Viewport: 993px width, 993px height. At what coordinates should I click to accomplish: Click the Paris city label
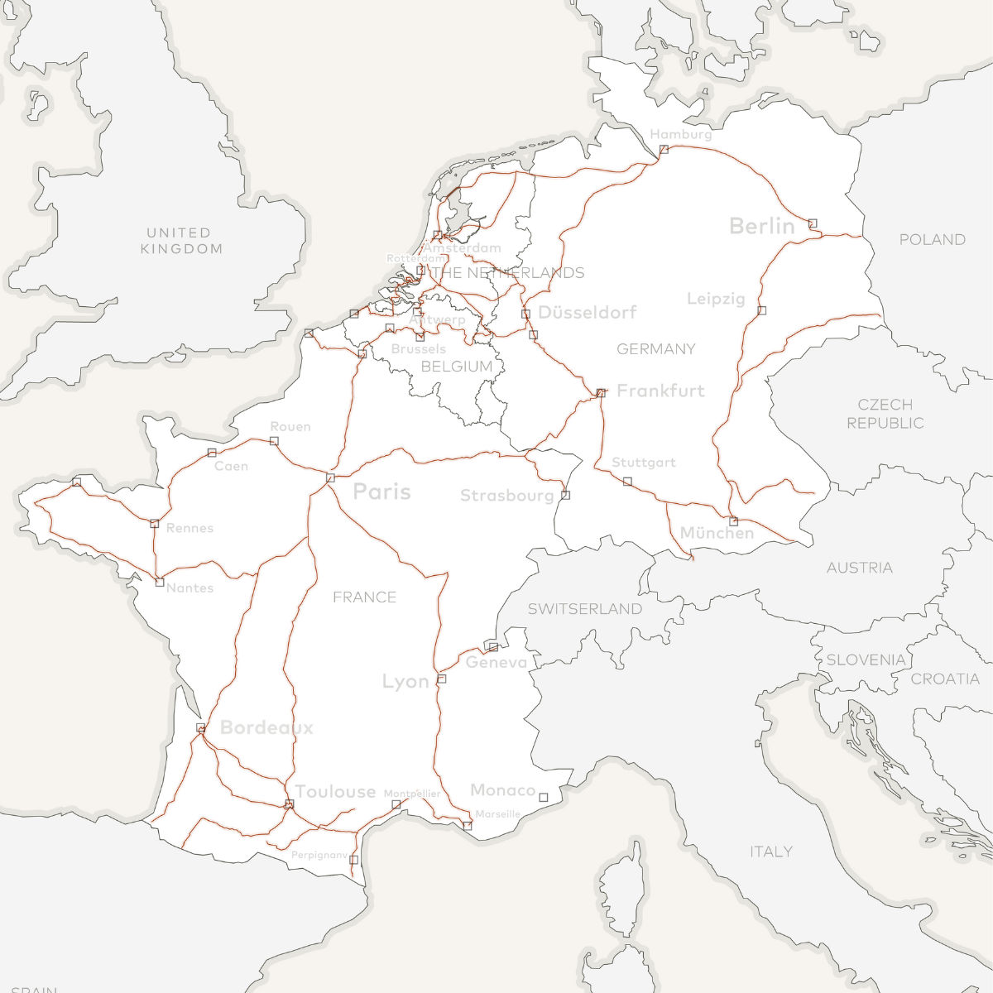(x=381, y=492)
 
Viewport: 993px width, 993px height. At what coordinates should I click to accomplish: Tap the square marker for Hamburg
(x=664, y=149)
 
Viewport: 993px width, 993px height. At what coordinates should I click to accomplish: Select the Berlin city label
(x=761, y=226)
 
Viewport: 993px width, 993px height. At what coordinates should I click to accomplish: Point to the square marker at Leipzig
(x=761, y=310)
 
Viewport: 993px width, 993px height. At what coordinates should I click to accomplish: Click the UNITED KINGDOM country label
(x=180, y=241)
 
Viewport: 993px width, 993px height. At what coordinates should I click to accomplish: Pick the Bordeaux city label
(x=266, y=727)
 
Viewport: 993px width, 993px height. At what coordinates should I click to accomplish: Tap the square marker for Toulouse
(x=289, y=804)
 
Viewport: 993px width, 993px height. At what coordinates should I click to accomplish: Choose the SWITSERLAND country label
(x=585, y=609)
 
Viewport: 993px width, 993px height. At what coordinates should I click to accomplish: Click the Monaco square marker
(x=544, y=798)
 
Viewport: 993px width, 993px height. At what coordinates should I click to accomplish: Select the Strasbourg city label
(x=506, y=496)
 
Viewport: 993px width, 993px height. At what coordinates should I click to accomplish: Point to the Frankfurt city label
(x=660, y=391)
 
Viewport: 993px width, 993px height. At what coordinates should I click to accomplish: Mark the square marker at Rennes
(x=154, y=523)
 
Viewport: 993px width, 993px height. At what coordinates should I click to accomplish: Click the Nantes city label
(x=189, y=588)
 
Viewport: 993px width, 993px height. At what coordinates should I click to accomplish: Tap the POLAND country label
(x=932, y=240)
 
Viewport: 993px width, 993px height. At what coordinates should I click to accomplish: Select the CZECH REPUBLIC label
(x=885, y=414)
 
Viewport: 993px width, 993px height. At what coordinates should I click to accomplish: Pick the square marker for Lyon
(x=441, y=679)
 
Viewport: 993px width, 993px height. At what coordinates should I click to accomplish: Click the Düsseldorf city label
(x=587, y=313)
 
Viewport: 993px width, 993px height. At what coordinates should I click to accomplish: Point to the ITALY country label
(x=770, y=851)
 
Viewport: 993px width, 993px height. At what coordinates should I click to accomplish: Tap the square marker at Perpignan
(x=353, y=860)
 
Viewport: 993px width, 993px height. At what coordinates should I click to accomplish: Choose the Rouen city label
(x=290, y=427)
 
